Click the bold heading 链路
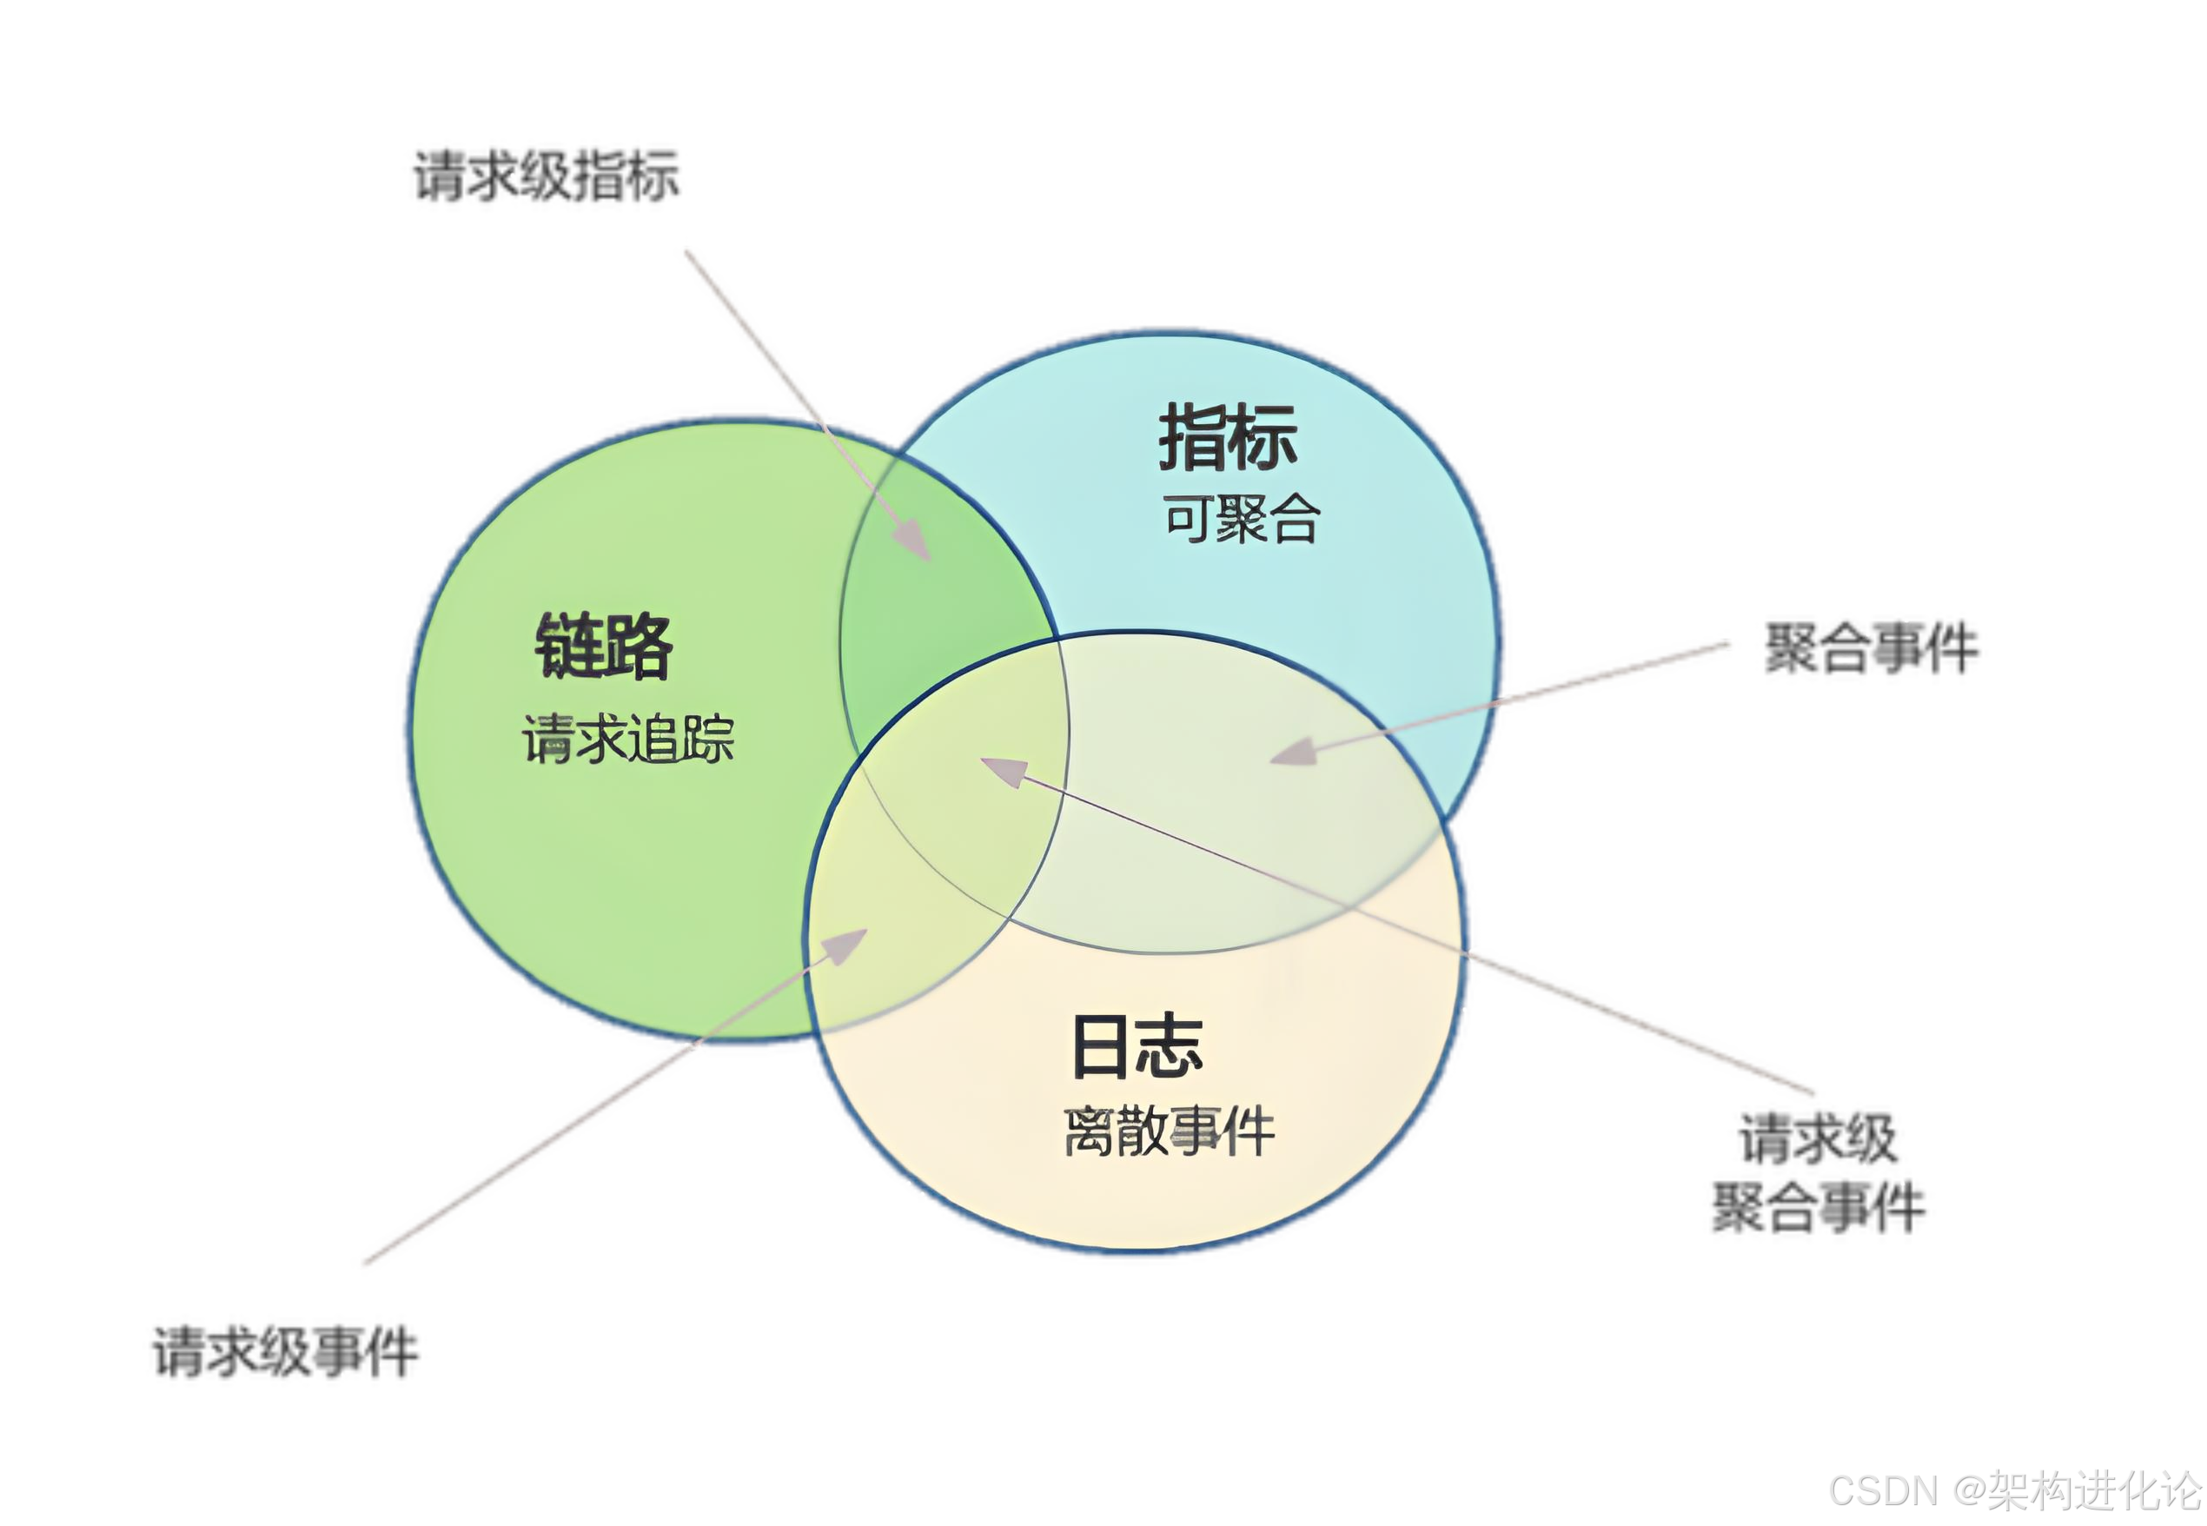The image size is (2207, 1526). [x=603, y=646]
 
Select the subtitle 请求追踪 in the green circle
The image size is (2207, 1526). [x=628, y=739]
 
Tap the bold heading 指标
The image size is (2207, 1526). [x=1229, y=438]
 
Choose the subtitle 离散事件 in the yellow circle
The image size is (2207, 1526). [x=1169, y=1131]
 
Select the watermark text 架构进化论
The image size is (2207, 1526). [x=2093, y=1489]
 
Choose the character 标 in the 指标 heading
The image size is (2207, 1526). [x=1263, y=438]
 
